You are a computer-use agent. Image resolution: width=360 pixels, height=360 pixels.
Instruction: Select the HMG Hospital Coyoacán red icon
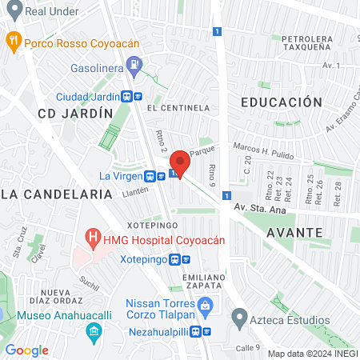pyautogui.click(x=94, y=238)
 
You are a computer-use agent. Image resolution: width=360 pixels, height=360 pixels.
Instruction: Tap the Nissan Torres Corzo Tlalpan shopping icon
pyautogui.click(x=205, y=305)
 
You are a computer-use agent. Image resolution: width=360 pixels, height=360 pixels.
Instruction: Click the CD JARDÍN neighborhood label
pyautogui.click(x=75, y=114)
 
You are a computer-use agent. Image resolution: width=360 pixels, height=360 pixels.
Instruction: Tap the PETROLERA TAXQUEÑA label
pyautogui.click(x=306, y=42)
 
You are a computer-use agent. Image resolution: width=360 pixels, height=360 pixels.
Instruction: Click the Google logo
pyautogui.click(x=26, y=350)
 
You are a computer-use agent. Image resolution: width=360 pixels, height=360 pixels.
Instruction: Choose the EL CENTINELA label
pyautogui.click(x=178, y=107)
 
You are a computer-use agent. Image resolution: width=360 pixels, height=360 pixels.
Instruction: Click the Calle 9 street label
pyautogui.click(x=248, y=347)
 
